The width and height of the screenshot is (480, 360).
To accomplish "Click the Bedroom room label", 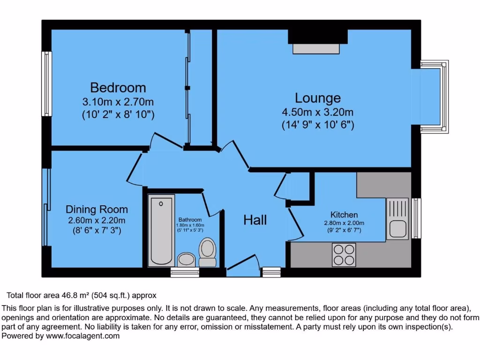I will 118,88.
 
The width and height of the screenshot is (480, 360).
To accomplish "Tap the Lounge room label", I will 317,98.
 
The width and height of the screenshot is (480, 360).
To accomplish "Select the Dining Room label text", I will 97,210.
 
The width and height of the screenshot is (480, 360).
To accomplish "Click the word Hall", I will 255,219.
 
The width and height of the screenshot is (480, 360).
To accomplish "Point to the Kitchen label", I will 344,215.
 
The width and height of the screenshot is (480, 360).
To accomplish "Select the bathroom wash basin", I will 187,259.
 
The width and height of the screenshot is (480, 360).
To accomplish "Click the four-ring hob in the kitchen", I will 344,255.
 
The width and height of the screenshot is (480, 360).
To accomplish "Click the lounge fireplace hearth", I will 317,48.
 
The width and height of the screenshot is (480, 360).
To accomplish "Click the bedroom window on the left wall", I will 46,83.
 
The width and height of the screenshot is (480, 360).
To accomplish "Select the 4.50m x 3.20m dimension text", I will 317,112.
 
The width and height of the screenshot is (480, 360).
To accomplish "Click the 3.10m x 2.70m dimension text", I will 118,102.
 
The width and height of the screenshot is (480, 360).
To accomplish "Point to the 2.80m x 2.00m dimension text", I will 344,223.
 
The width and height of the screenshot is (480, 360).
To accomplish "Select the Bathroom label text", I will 190,219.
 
